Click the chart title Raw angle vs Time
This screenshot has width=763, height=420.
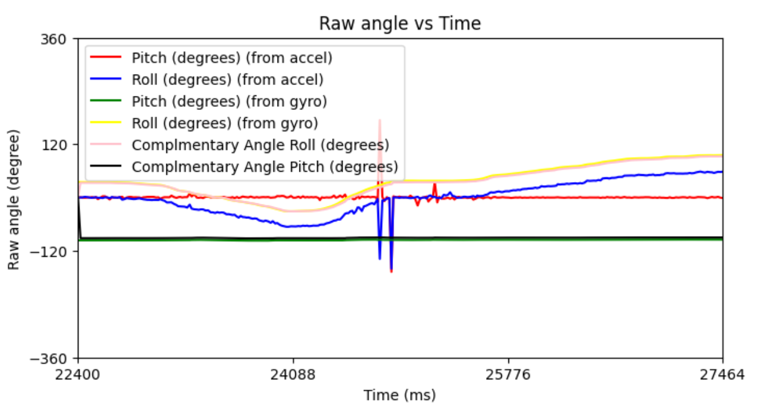pos(400,24)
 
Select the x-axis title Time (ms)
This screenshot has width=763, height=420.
pos(400,396)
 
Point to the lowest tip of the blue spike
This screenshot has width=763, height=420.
pos(391,270)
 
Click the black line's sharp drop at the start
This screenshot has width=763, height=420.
pos(80,218)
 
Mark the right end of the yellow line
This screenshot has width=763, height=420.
pos(722,155)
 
